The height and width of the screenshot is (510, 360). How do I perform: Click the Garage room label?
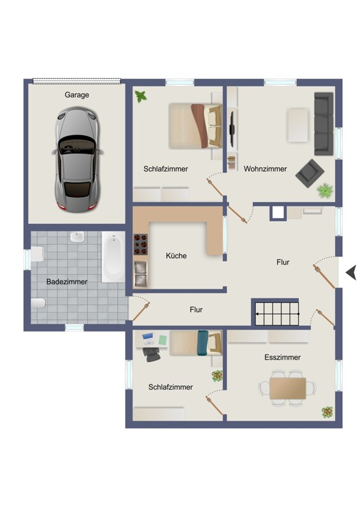(x=76, y=94)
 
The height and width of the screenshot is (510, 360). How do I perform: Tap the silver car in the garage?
(x=77, y=160)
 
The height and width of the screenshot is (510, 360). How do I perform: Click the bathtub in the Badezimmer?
(x=113, y=257)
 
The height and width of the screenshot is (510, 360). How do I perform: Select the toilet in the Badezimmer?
(x=38, y=303)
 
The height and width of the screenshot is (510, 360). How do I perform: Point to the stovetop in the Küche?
(x=140, y=244)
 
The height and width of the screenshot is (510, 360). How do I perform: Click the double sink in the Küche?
(x=140, y=275)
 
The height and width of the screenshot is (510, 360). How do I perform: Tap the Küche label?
(x=176, y=256)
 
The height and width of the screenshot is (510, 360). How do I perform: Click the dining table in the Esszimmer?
(x=288, y=388)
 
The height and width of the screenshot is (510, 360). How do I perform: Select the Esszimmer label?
(x=282, y=357)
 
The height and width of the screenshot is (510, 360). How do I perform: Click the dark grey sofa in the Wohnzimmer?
(x=324, y=124)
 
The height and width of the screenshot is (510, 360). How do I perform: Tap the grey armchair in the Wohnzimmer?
(x=310, y=173)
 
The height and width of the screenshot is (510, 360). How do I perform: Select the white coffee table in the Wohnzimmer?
(x=298, y=125)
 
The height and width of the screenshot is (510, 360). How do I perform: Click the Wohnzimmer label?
(x=265, y=169)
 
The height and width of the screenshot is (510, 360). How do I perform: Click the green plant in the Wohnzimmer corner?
(x=325, y=190)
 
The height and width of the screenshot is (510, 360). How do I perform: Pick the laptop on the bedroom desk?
(x=148, y=339)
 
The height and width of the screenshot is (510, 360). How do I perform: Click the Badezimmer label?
(x=67, y=282)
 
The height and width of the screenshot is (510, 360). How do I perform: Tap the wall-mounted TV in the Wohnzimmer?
(x=232, y=129)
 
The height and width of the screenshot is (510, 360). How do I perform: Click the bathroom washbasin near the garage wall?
(x=76, y=237)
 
